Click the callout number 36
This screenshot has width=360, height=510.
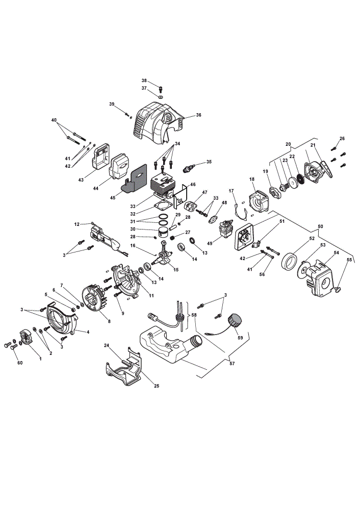point(199,115)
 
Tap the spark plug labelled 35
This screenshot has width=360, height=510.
point(189,168)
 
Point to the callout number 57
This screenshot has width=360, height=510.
point(232,363)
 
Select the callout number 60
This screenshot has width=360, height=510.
point(20,363)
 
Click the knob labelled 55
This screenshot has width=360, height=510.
point(338,288)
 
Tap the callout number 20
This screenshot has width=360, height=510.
point(288,144)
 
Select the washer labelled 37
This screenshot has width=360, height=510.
point(161,96)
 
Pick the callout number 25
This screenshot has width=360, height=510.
point(157,386)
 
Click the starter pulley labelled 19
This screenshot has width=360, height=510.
point(275,191)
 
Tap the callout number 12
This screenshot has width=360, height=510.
point(77,224)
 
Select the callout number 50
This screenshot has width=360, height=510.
point(320,226)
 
